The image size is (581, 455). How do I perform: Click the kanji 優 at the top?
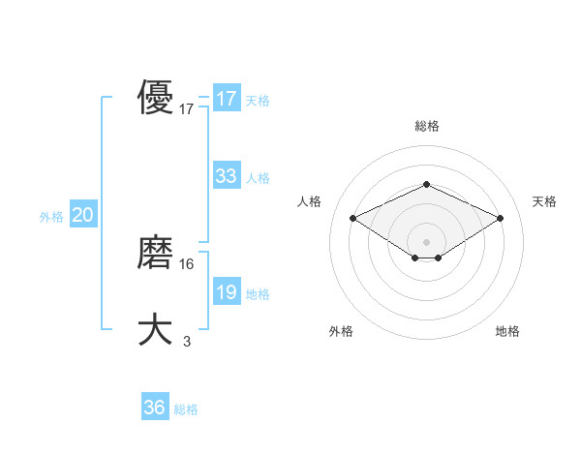155,98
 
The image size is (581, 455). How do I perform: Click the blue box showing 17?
226,99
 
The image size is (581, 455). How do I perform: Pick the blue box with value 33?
226,176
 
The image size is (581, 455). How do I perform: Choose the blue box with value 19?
226,292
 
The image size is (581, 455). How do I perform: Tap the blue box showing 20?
82,215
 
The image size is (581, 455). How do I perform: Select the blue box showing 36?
154,408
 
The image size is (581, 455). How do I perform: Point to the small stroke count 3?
187,341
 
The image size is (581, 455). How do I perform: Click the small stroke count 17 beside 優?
187,109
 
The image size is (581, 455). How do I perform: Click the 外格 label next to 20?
51,217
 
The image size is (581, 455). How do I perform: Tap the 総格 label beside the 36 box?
186,409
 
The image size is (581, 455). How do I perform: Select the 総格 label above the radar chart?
426,126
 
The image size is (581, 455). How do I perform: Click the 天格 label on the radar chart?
544,201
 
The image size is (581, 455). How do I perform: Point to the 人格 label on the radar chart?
309,201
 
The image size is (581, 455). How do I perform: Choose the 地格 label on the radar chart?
507,331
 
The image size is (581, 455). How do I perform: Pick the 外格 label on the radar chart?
341,331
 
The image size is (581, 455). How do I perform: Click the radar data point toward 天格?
500,219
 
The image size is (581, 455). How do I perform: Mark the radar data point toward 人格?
353,219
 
